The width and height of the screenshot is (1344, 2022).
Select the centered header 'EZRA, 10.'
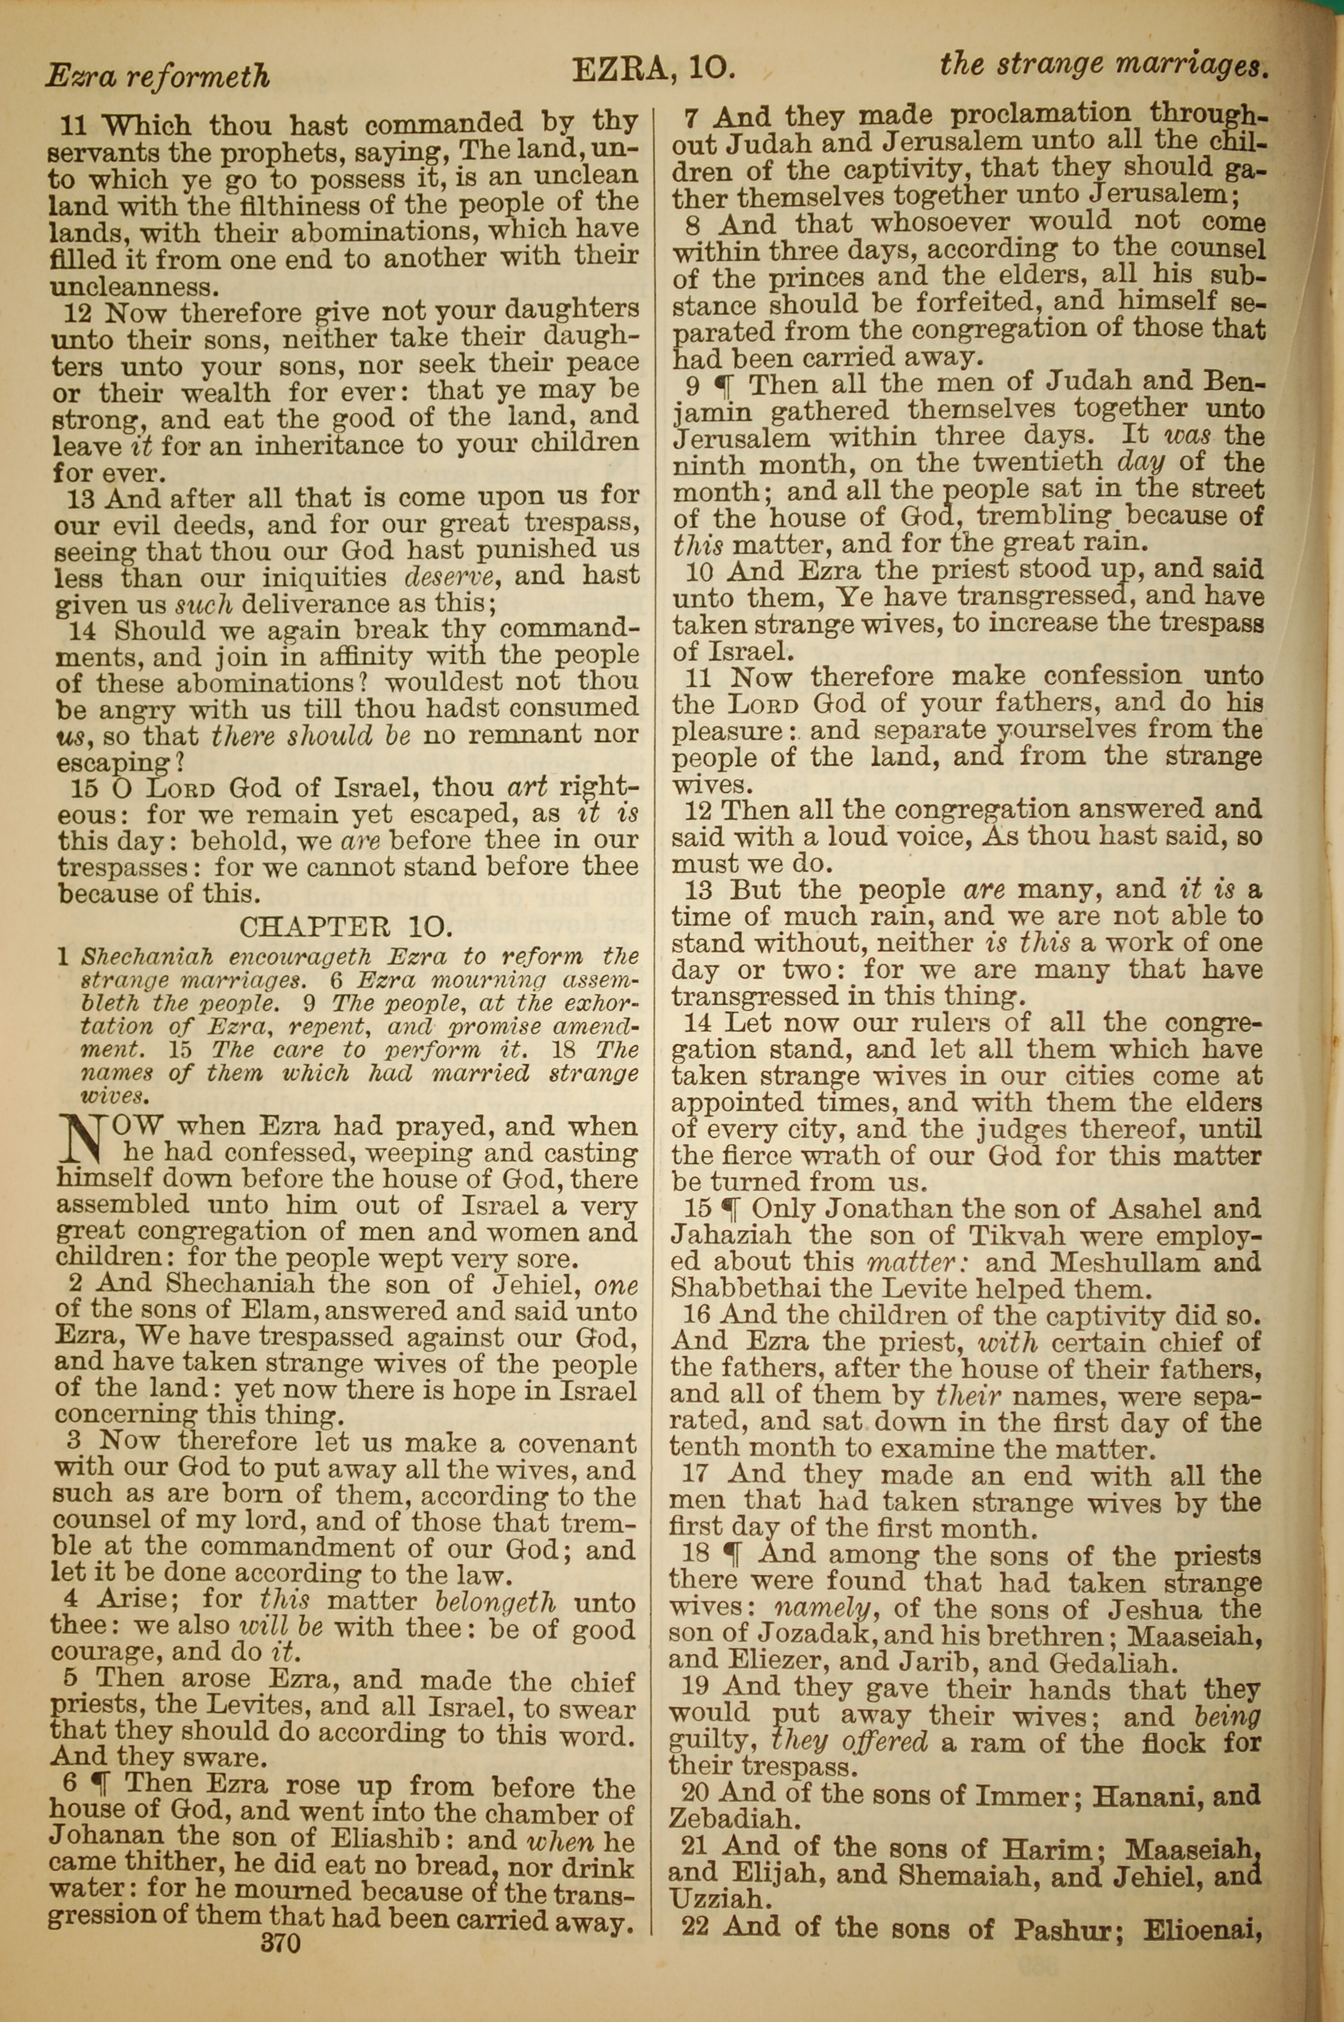(x=653, y=69)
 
